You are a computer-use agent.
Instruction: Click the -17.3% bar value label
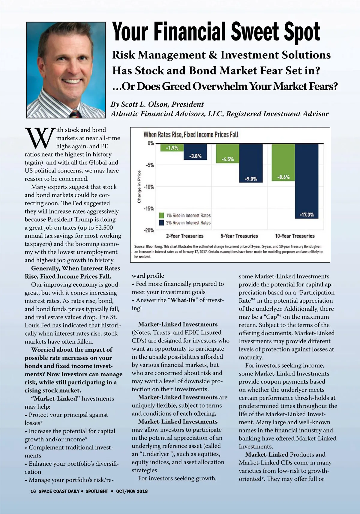coord(306,215)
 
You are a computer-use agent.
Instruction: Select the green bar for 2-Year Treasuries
coord(172,148)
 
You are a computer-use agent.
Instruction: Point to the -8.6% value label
coord(283,177)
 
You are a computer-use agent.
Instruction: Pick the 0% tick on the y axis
coord(151,143)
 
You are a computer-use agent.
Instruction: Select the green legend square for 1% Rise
coord(161,215)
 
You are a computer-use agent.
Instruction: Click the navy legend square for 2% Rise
coord(161,223)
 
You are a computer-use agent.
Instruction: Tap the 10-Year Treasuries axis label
coord(295,236)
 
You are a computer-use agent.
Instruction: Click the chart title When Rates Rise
coord(191,135)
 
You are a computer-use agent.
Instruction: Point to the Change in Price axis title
coord(139,187)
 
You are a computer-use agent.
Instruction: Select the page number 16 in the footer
coord(33,491)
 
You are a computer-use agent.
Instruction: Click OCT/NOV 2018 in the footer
coord(132,491)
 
